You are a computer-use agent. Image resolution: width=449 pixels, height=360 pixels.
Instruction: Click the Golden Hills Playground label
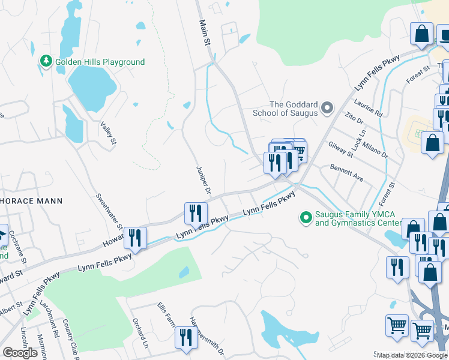coord(100,62)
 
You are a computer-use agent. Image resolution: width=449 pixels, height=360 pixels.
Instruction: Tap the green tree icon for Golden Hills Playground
coord(46,61)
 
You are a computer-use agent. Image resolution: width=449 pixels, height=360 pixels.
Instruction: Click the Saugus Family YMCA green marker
coord(306,218)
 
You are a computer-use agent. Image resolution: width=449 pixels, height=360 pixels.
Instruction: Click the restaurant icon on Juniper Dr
coord(195,213)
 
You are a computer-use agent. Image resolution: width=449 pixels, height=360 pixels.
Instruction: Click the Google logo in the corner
coord(20,353)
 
